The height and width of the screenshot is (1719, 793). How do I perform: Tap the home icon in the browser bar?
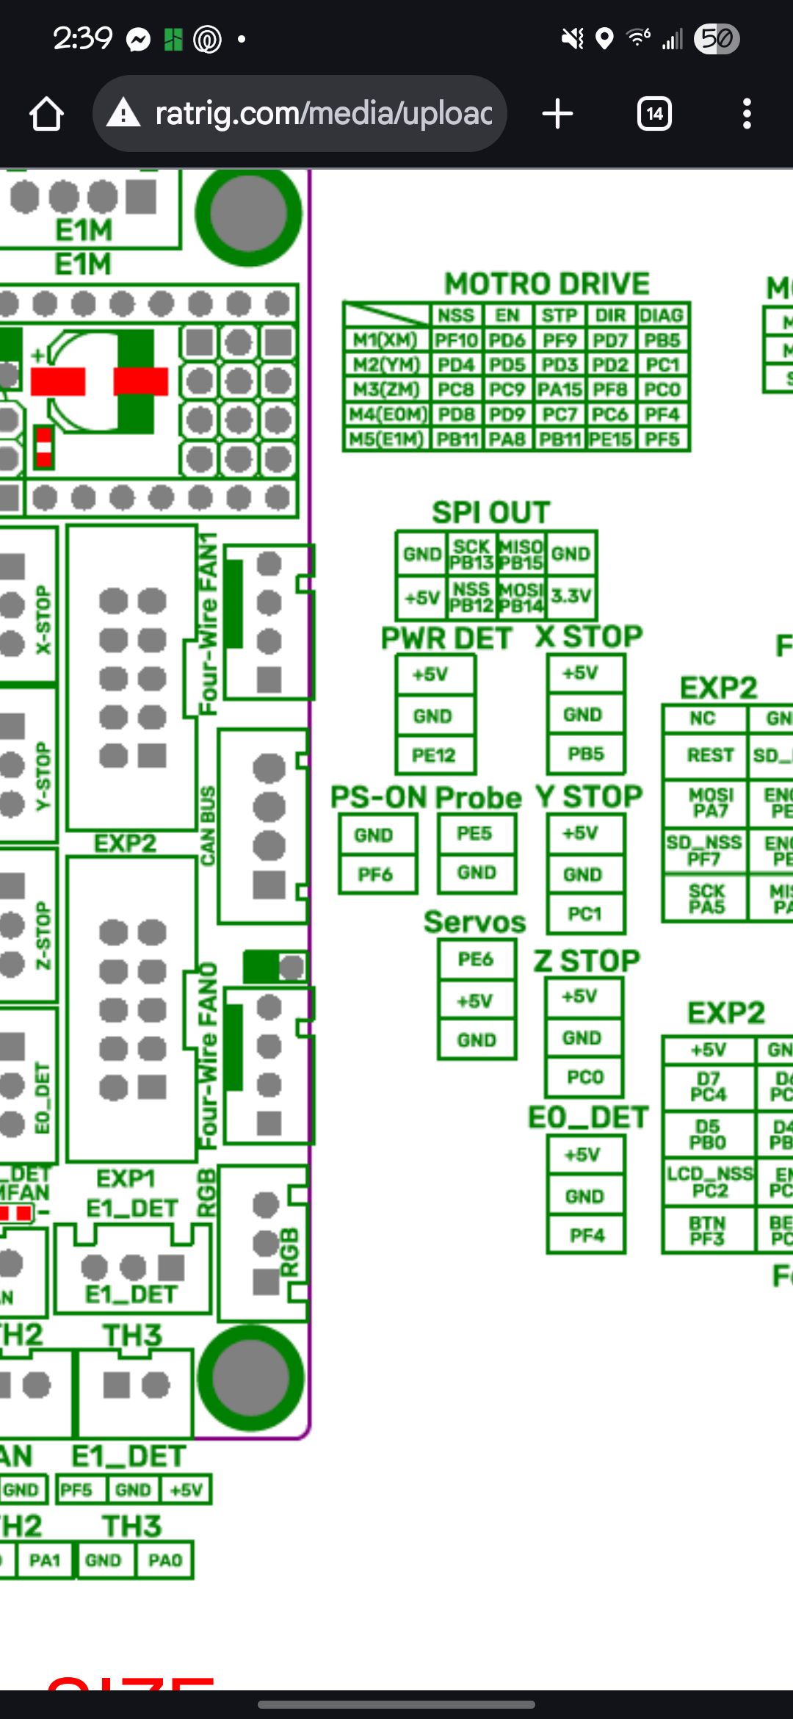pyautogui.click(x=46, y=115)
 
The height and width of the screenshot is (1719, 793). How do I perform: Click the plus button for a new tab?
pyautogui.click(x=557, y=114)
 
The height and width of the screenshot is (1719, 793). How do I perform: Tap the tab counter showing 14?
pyautogui.click(x=654, y=114)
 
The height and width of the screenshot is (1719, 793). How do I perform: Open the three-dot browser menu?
pyautogui.click(x=747, y=114)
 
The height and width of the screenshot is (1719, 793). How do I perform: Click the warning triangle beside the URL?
pyautogui.click(x=123, y=114)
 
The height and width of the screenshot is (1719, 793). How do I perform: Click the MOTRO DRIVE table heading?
pyautogui.click(x=547, y=284)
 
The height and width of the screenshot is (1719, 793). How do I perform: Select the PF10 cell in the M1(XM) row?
pyautogui.click(x=456, y=340)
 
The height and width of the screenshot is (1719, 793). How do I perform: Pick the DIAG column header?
pyautogui.click(x=662, y=315)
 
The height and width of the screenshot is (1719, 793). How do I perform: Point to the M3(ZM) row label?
pyautogui.click(x=386, y=389)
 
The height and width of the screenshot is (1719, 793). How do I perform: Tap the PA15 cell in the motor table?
pyautogui.click(x=560, y=389)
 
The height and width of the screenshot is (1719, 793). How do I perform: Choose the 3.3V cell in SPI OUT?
pyautogui.click(x=571, y=596)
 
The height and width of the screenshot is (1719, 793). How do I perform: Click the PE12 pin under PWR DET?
pyautogui.click(x=434, y=755)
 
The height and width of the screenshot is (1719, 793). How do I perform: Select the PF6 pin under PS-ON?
pyautogui.click(x=375, y=874)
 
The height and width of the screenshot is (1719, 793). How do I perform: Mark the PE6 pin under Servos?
pyautogui.click(x=476, y=959)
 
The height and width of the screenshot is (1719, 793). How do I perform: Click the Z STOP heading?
pyautogui.click(x=587, y=961)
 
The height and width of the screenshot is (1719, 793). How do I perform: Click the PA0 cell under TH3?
pyautogui.click(x=165, y=1560)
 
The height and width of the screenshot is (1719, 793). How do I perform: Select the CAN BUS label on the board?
pyautogui.click(x=209, y=826)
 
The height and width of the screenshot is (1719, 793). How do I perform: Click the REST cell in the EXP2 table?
pyautogui.click(x=710, y=755)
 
